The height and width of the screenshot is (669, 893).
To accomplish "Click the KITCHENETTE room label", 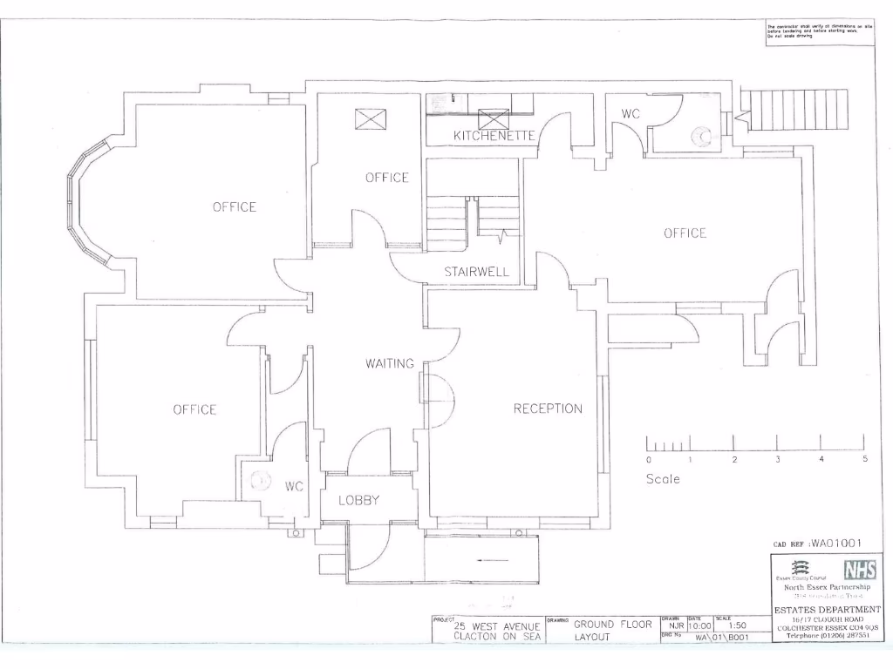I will [494, 136].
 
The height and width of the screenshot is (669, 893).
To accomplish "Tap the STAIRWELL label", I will [476, 272].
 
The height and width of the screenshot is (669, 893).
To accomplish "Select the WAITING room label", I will [390, 363].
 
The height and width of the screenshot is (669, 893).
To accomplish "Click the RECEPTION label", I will [548, 409].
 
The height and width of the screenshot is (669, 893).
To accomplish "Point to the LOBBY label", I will [359, 500].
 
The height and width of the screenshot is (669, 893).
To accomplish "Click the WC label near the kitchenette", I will [631, 114].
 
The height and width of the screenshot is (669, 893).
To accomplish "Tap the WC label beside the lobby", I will [294, 487].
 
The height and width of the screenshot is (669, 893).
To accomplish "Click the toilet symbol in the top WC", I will [700, 136].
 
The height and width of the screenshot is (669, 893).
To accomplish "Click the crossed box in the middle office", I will [370, 119].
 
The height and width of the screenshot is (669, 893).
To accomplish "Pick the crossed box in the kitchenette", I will [494, 118].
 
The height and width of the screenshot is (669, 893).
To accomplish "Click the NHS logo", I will [860, 570].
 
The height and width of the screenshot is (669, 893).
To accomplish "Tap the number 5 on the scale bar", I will [864, 458].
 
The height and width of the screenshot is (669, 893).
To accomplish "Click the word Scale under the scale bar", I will [663, 478].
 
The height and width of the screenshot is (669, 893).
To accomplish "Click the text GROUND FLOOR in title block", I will [612, 624].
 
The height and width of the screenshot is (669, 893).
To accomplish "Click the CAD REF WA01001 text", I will [818, 544].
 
